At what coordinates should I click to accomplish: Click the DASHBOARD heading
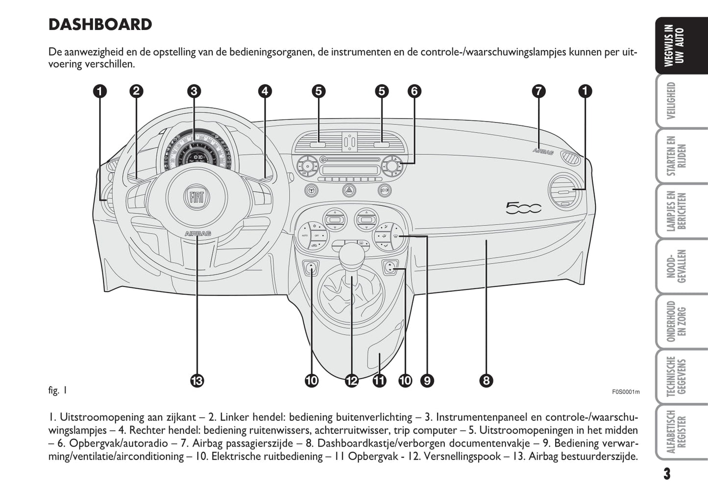tap(100, 24)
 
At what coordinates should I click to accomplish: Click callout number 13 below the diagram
tap(197, 380)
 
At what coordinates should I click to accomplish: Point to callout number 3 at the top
tap(194, 91)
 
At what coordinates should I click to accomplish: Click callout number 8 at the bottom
tap(486, 380)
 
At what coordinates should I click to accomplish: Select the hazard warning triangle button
tap(349, 190)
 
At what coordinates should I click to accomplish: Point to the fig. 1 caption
tap(57, 391)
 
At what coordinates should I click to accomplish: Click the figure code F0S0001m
tap(626, 392)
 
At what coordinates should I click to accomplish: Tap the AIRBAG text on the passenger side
tap(543, 151)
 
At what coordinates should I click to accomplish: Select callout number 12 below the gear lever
tap(351, 380)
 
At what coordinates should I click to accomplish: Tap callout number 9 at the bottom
tap(426, 380)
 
